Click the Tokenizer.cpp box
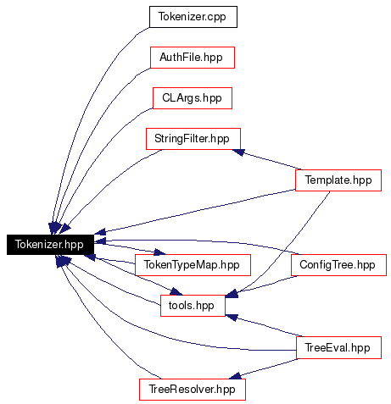[x=193, y=17]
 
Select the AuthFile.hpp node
[x=193, y=58]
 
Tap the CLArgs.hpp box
[x=193, y=98]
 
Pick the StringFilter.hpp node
[x=193, y=139]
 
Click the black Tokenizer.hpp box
[x=50, y=245]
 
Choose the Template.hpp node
[x=338, y=180]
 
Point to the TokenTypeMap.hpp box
[x=193, y=265]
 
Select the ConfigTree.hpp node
[x=338, y=265]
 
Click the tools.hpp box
[x=193, y=306]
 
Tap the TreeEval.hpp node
[x=338, y=348]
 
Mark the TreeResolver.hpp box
[x=193, y=390]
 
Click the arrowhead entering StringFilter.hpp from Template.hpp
[x=238, y=152]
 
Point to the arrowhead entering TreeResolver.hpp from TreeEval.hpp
[x=235, y=376]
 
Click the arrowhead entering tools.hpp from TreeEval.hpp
[x=232, y=318]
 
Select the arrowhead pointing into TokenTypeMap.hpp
[x=159, y=252]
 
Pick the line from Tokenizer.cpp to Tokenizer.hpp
[x=85, y=112]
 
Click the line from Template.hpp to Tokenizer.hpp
[x=195, y=211]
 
